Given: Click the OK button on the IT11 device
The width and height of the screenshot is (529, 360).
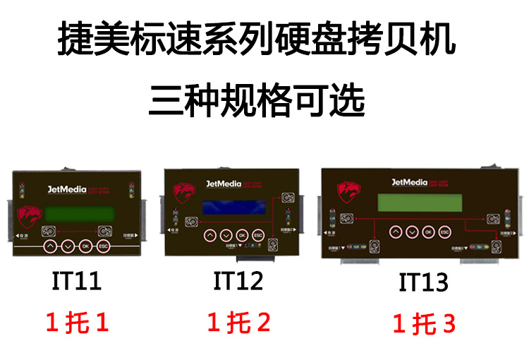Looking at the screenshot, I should pos(85,246).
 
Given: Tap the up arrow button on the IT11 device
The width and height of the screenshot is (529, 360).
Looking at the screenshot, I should pos(50,246).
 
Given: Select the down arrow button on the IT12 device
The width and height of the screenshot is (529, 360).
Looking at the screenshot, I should pos(226,235).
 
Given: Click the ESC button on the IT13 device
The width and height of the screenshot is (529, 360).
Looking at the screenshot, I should pos(444,232).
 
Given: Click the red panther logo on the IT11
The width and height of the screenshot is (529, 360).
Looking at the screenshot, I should pos(29,215).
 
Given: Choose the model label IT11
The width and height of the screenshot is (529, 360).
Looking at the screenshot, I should pos(77,281).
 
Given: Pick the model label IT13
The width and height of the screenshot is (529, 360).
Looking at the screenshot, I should pos(423,282).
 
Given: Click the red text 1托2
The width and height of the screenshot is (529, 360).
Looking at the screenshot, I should pos(238,323).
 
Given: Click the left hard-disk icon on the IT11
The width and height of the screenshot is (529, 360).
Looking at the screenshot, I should pos(49,231).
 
